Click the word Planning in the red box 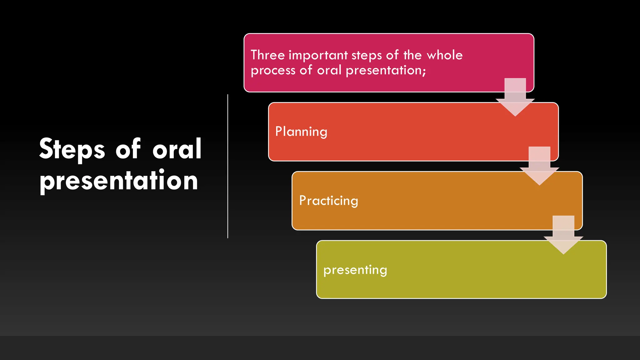pyautogui.click(x=301, y=132)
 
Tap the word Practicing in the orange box pyautogui.click(x=328, y=201)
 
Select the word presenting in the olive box pyautogui.click(x=355, y=270)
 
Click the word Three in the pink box pyautogui.click(x=268, y=55)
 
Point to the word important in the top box pyautogui.click(x=318, y=55)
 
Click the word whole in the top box pyautogui.click(x=445, y=55)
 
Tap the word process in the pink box pyautogui.click(x=273, y=71)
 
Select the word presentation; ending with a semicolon pyautogui.click(x=385, y=70)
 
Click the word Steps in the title pyautogui.click(x=72, y=149)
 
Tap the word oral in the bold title pyautogui.click(x=177, y=149)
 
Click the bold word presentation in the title pyautogui.click(x=119, y=181)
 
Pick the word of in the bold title pyautogui.click(x=128, y=149)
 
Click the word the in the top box pyautogui.click(x=412, y=55)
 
